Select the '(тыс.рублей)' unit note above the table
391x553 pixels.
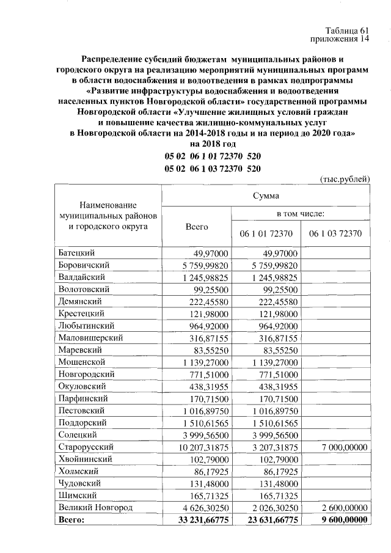pos(345,180)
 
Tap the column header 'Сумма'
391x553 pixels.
pos(266,196)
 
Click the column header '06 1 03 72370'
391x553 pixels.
pos(335,233)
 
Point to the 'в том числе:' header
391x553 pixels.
pos(300,214)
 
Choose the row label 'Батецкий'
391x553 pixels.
pos(78,254)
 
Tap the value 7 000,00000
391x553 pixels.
pos(340,448)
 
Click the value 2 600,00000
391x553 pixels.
pos(340,507)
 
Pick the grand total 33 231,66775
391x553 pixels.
pos(200,520)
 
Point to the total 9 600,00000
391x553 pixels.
pos(339,520)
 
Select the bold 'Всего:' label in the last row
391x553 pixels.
pos(71,520)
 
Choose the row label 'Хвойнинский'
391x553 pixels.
pos(84,459)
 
